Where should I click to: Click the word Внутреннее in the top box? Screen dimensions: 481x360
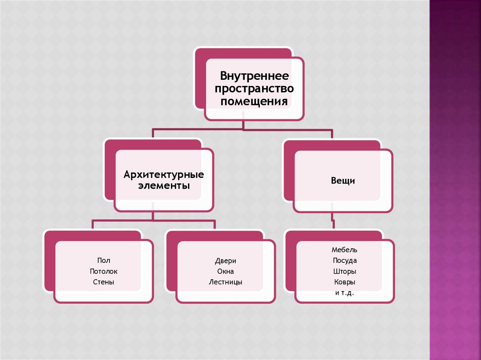coord(254,76)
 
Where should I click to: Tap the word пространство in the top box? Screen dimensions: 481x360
coord(254,88)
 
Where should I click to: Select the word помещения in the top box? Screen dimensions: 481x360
coord(254,101)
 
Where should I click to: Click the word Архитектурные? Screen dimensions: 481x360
coord(163,175)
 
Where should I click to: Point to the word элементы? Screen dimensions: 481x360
coord(163,186)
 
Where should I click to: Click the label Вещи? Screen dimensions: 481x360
coord(343,180)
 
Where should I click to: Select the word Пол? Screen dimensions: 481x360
coord(103,260)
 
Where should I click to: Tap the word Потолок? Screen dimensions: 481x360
coord(103,271)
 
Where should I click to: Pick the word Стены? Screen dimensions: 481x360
coord(103,282)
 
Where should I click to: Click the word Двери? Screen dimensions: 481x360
coord(226,260)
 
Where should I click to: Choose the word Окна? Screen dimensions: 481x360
coord(226,271)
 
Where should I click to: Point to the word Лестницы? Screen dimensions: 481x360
coord(226,282)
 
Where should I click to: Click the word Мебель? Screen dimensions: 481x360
coord(345,250)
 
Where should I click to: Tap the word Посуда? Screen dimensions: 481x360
coord(345,260)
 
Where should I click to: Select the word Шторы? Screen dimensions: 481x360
coord(345,271)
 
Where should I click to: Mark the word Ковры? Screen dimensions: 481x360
coord(345,282)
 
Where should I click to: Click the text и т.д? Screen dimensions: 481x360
coord(345,293)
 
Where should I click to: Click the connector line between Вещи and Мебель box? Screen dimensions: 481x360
coord(333,221)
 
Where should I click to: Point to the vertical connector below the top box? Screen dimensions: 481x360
coord(242,124)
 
